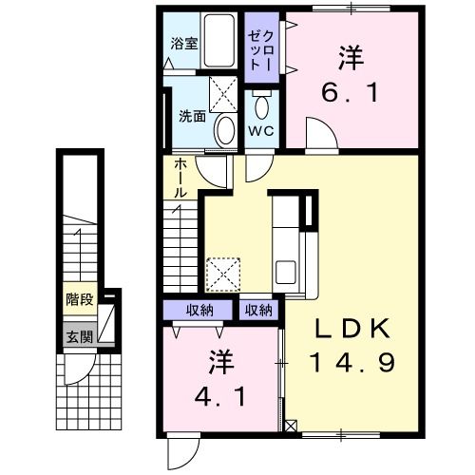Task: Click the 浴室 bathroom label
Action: tap(182, 44)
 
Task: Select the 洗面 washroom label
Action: tap(193, 117)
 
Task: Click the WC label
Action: tap(260, 130)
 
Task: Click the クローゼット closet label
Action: tap(260, 48)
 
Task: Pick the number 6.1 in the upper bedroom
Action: tap(347, 94)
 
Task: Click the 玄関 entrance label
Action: tap(79, 335)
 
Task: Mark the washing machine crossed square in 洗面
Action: tap(224, 94)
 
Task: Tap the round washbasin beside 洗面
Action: tap(225, 130)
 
